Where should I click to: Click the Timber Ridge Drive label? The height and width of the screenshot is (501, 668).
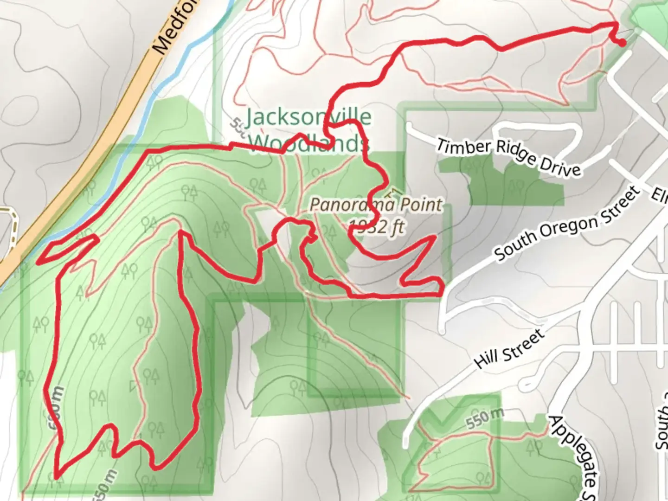[508, 157]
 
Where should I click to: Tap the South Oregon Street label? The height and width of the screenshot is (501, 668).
[566, 224]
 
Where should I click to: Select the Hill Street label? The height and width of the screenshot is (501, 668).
[509, 349]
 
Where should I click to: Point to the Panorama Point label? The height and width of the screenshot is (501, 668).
[376, 205]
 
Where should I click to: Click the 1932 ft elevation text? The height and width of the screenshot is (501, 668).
[377, 227]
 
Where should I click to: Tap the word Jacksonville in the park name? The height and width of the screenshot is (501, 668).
[308, 117]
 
